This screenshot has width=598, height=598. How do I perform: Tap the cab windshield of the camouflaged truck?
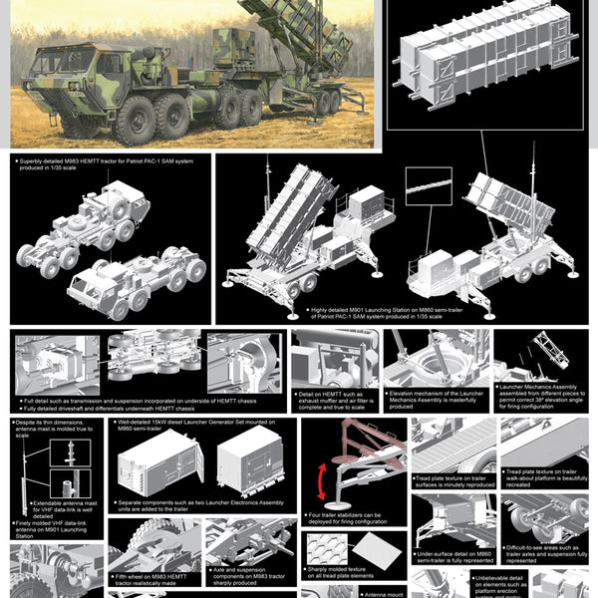(63, 63)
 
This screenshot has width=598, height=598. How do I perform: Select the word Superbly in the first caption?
(36, 158)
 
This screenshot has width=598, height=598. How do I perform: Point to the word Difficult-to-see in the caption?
(526, 547)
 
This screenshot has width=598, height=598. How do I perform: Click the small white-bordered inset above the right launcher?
(429, 185)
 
